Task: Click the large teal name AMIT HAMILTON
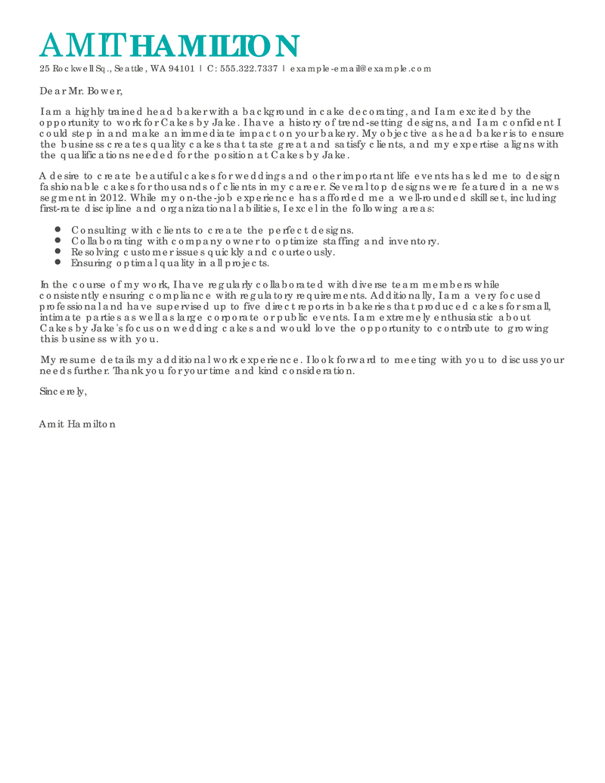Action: coord(169,46)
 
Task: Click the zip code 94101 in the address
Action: coord(181,69)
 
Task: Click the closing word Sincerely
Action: coord(63,392)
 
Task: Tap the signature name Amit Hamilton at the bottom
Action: coord(77,424)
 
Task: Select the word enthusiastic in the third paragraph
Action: coord(451,318)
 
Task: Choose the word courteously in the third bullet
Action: coord(302,252)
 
